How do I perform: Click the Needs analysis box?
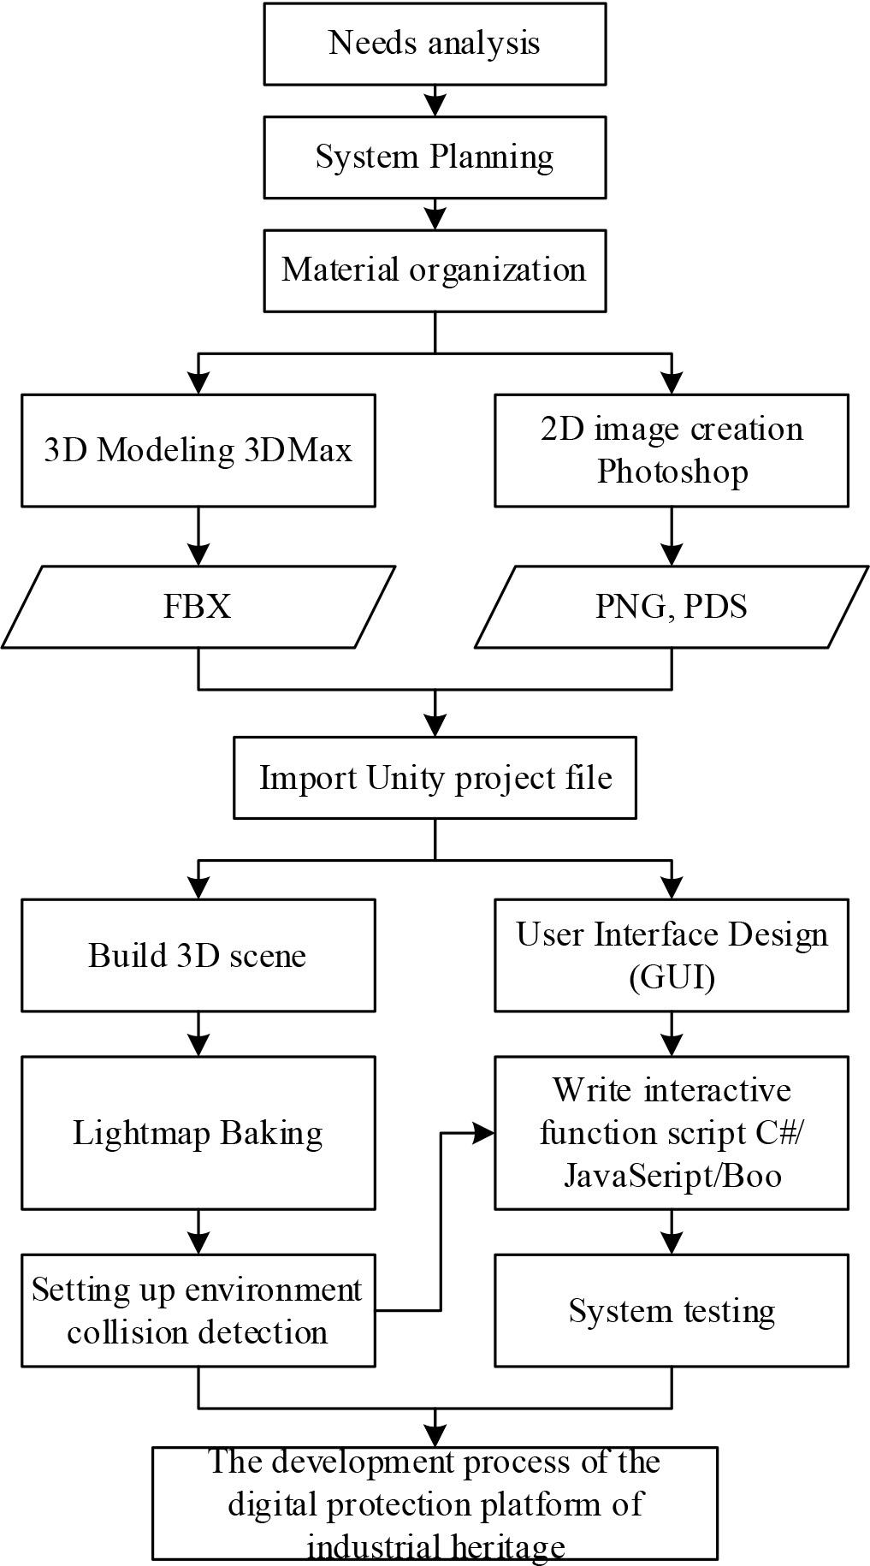(x=435, y=44)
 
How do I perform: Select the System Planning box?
(x=435, y=157)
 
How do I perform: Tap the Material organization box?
(x=435, y=270)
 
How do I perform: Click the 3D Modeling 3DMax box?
(x=198, y=450)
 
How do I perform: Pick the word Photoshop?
(x=672, y=472)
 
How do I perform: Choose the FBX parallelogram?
(x=198, y=607)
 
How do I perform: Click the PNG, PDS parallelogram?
(x=672, y=607)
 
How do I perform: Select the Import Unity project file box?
(x=435, y=778)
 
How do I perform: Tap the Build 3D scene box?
(x=198, y=955)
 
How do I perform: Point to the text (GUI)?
(x=672, y=976)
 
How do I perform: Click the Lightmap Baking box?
(x=198, y=1132)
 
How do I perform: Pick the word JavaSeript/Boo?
(x=672, y=1176)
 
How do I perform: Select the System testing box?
(x=672, y=1310)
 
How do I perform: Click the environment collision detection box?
(x=198, y=1310)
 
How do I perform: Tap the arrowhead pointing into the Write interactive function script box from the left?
(x=484, y=1133)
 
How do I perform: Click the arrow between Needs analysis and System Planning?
(x=435, y=101)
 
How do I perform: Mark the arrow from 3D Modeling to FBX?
(x=198, y=537)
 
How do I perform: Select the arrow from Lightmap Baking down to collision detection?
(x=198, y=1233)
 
